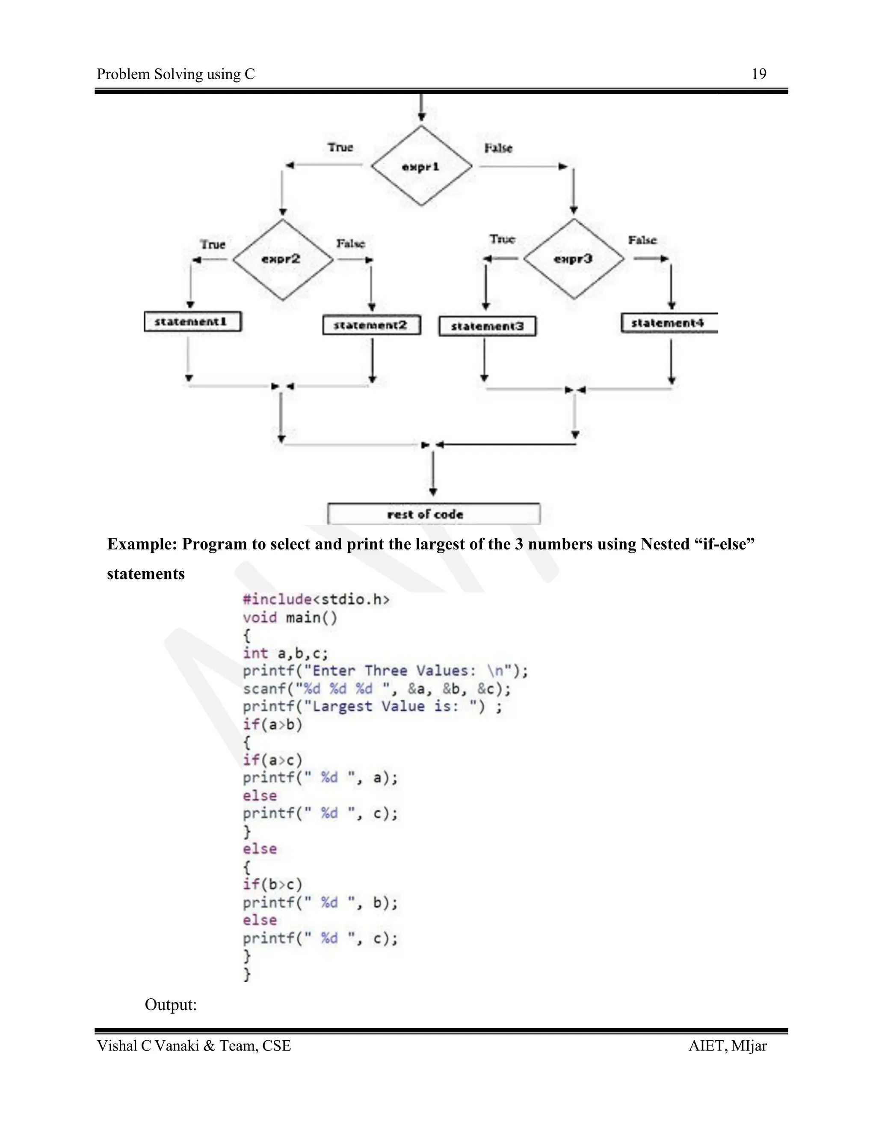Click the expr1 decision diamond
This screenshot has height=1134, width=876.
tap(421, 166)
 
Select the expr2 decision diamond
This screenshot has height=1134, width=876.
tap(282, 259)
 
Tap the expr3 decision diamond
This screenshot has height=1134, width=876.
tap(574, 259)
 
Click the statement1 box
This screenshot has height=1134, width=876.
tap(192, 322)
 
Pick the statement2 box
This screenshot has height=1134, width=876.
tap(371, 326)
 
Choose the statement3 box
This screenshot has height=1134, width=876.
tap(487, 327)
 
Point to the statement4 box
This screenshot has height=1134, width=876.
tap(669, 323)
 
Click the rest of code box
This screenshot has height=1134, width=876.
tap(433, 514)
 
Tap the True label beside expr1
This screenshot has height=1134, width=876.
tap(340, 148)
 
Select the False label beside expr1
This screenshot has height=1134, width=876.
tap(498, 148)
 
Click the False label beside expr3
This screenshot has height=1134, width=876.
tap(642, 240)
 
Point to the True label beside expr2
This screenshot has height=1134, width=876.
tap(213, 244)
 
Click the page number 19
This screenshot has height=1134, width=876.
tap(759, 74)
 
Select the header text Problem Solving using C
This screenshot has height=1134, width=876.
tap(176, 74)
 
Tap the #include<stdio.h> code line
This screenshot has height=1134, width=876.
tap(316, 600)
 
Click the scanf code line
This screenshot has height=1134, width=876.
tap(377, 689)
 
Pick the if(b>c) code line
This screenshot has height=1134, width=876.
tap(272, 884)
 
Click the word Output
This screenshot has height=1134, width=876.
tap(171, 1005)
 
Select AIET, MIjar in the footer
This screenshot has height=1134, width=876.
tap(727, 1046)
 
